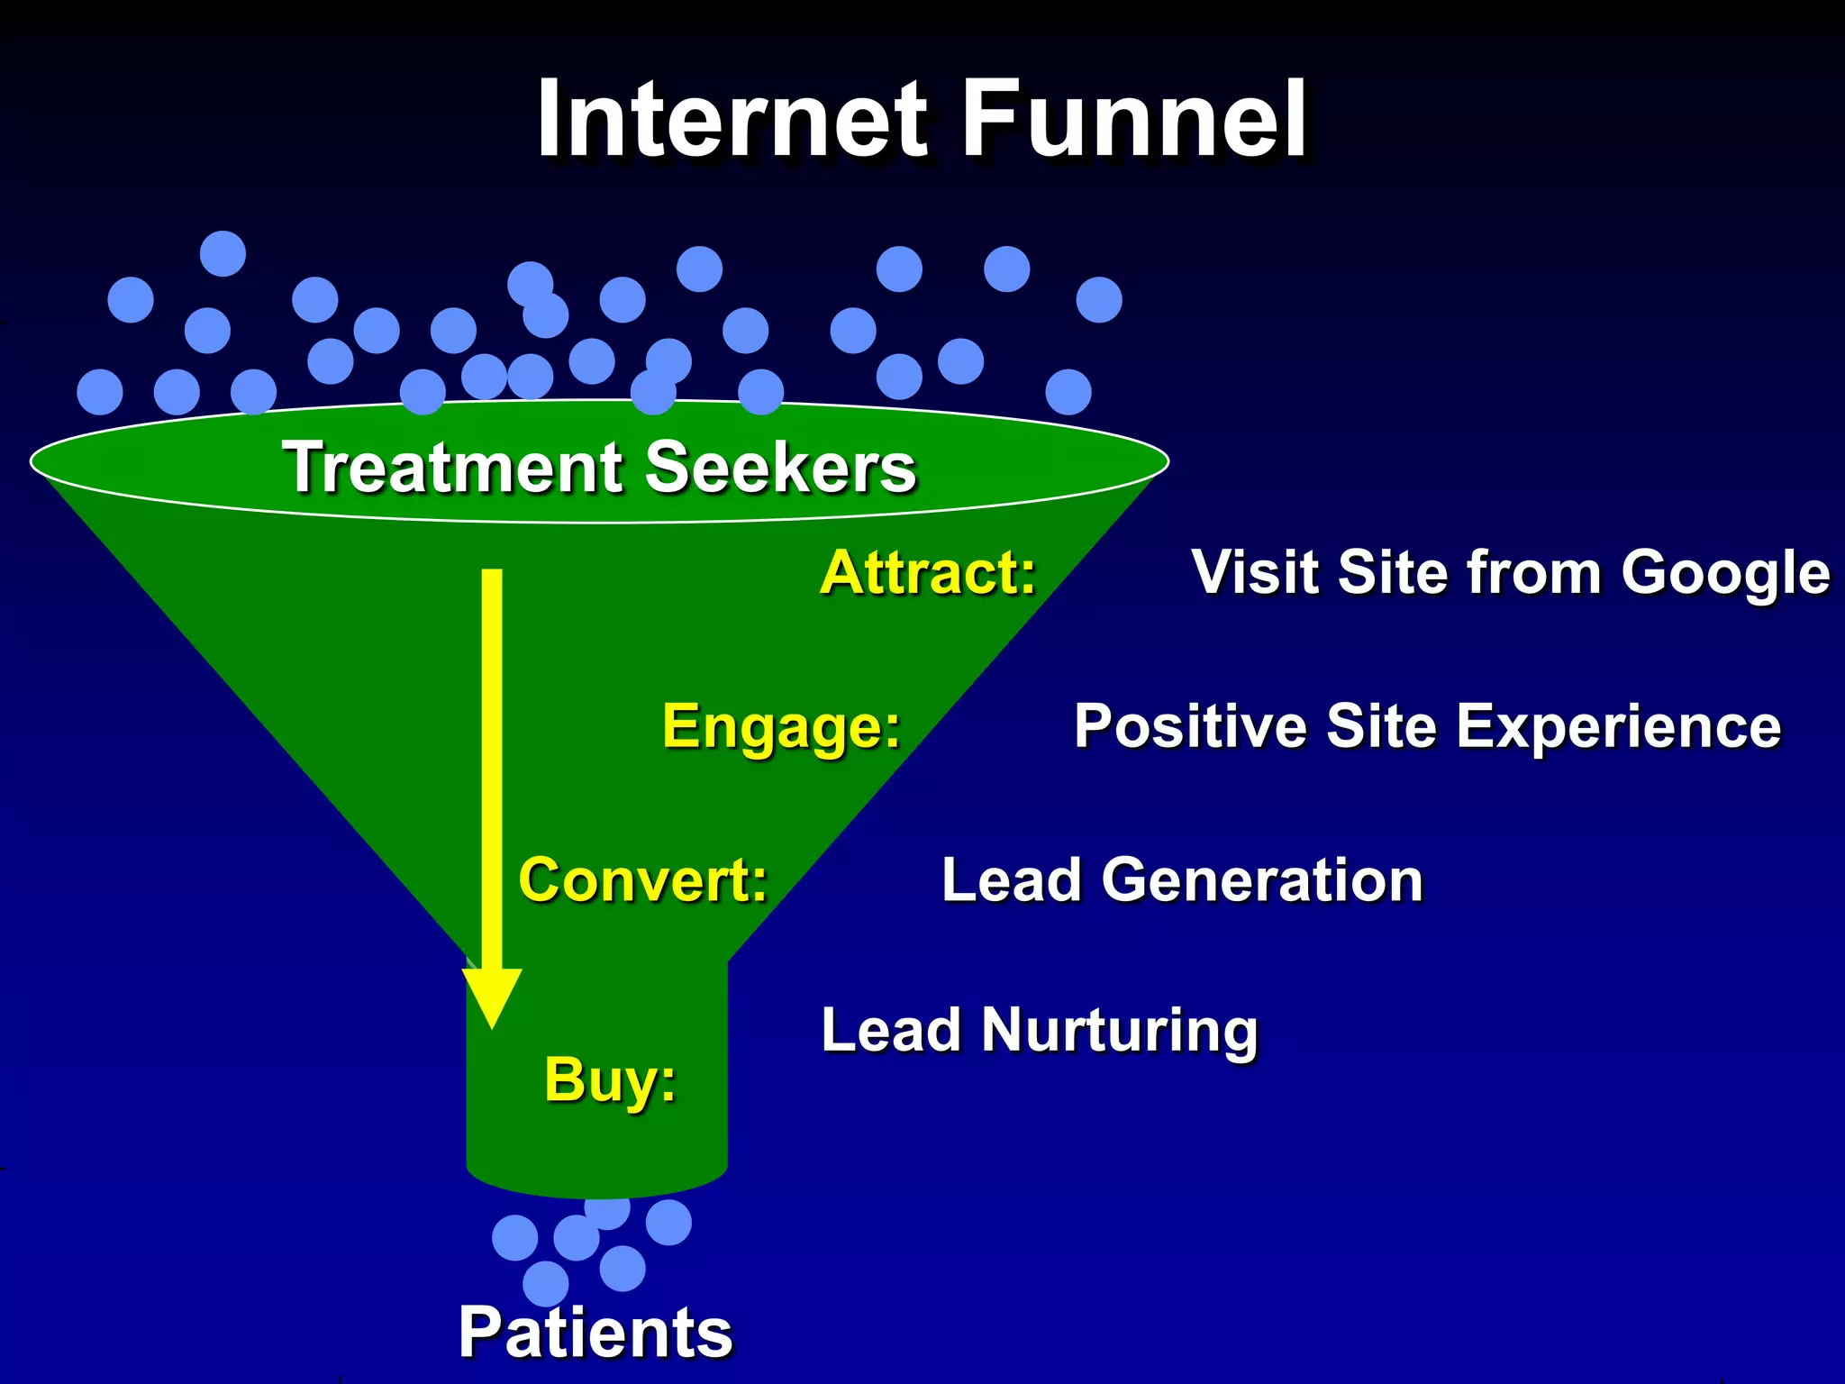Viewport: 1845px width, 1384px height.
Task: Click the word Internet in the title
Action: [x=732, y=120]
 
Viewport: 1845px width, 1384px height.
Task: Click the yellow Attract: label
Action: [x=928, y=573]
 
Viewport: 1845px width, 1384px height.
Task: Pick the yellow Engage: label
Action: [x=781, y=726]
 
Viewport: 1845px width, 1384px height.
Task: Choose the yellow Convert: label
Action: [x=642, y=880]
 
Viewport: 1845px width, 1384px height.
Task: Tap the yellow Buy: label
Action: [x=610, y=1080]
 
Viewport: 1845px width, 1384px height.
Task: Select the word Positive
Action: [x=1190, y=726]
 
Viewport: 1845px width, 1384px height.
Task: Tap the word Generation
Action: [x=1262, y=880]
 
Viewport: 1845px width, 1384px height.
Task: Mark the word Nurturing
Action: [x=1120, y=1032]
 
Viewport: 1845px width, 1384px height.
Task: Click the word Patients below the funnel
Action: [x=595, y=1333]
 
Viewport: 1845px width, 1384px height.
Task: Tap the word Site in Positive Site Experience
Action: [x=1381, y=726]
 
